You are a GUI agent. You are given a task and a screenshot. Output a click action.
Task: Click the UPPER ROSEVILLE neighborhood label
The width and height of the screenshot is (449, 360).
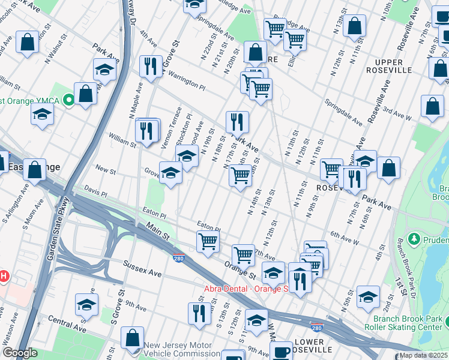[393, 66]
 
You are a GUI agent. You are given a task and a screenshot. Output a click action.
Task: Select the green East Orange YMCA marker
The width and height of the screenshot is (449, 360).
[69, 100]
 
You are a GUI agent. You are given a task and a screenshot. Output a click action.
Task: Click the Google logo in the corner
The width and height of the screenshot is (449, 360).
[20, 353]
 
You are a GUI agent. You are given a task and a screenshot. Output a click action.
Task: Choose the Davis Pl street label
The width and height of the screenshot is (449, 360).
[95, 194]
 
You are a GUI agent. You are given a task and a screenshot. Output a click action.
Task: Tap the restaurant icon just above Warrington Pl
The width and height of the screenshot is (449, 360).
[151, 66]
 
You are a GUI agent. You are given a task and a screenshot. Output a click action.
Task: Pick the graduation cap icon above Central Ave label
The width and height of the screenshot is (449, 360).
[87, 305]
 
